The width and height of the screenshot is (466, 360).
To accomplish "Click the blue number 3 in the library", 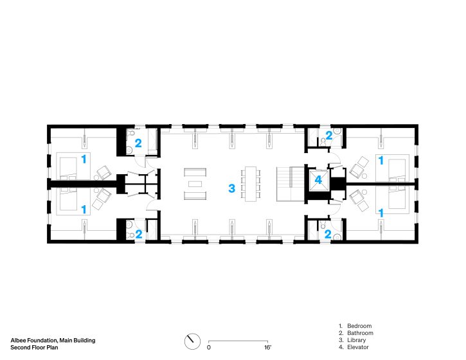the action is pos(232,188).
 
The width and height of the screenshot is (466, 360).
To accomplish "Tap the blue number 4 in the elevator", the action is pos(318,179).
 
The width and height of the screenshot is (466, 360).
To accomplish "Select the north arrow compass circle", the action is pos(192,341).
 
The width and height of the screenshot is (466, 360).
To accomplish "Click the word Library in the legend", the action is pos(356,340).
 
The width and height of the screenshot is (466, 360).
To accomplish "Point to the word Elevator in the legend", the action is pos(358,347).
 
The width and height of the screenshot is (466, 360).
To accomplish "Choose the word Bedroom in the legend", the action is pos(359,326).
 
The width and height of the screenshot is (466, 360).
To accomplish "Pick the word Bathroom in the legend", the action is pos(360,333).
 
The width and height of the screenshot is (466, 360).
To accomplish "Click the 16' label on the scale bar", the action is pos(268,347).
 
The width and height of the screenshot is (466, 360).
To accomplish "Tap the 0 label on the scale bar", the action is pos(209,348).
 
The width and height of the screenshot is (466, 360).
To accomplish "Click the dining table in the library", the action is pos(251,184).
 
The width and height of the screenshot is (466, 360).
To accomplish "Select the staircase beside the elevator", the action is pos(291,184).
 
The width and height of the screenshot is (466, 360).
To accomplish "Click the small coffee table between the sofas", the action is pos(195,184).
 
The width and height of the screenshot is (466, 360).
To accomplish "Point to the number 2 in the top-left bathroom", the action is pos(138,143).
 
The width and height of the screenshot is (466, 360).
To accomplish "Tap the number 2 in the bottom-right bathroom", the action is pos(328,234).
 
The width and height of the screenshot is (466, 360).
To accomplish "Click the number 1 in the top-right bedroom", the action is pos(381,161).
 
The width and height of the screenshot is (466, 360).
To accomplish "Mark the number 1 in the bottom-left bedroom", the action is pos(84,210).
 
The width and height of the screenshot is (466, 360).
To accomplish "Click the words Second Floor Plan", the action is pos(34,347).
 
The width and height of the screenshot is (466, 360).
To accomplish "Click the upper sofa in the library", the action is pos(195,172).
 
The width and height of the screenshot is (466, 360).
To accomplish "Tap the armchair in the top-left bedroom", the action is pos(104,172).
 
